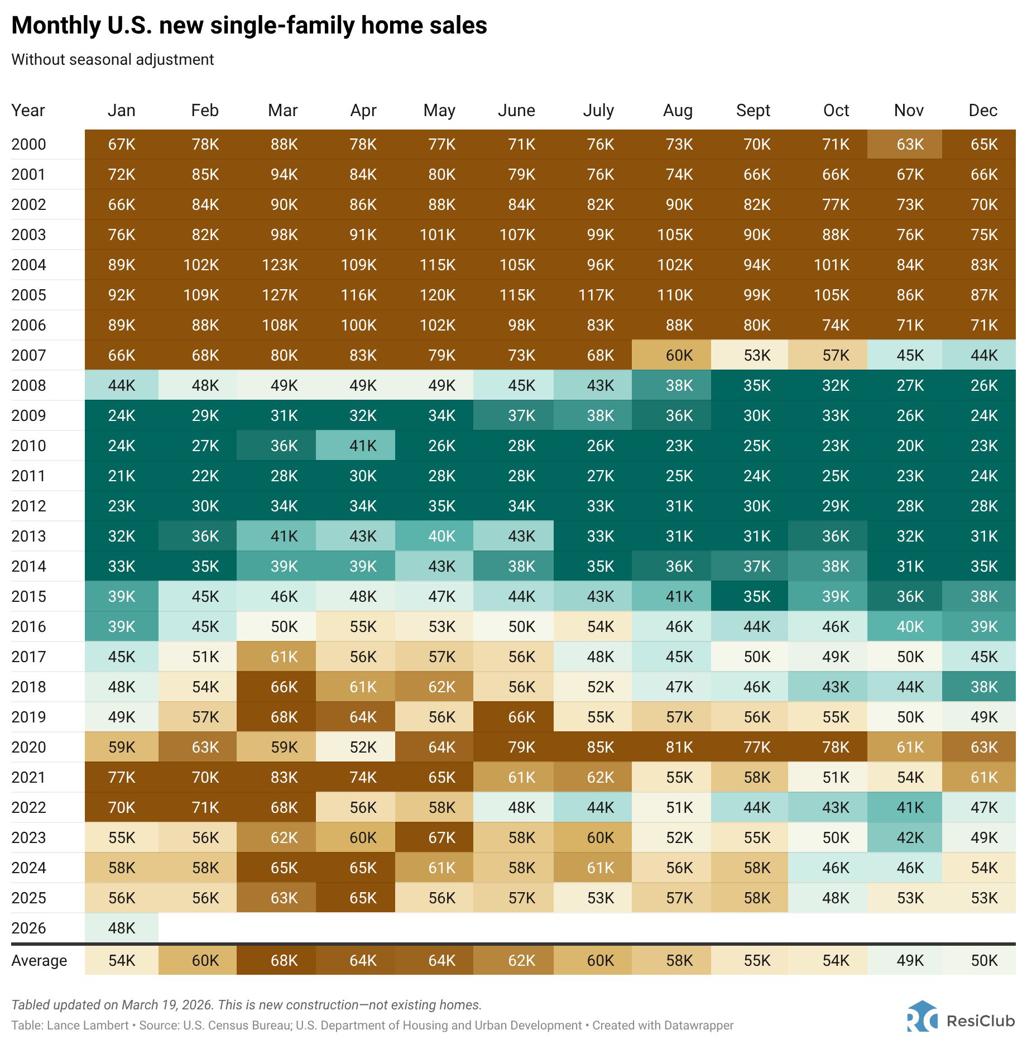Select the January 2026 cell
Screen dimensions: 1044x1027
click(x=122, y=928)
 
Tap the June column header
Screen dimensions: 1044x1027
click(x=516, y=111)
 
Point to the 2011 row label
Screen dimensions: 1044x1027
click(x=28, y=476)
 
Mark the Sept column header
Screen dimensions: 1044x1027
click(x=753, y=111)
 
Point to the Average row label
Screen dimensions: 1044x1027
click(x=39, y=960)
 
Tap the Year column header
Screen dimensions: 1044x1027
click(x=28, y=111)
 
